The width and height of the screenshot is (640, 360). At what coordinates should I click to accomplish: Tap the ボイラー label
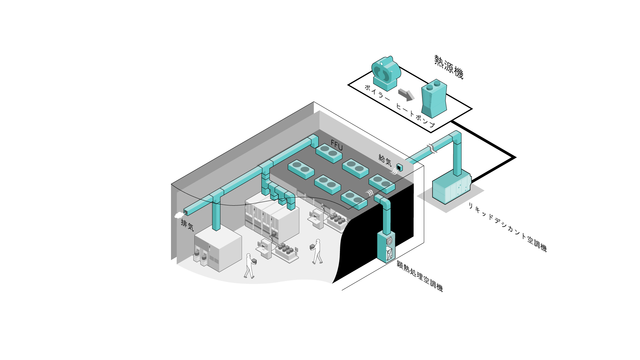tap(377, 93)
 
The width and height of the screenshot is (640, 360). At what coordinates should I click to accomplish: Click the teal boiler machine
tap(386, 73)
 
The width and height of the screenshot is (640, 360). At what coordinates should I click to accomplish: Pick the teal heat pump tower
tap(434, 98)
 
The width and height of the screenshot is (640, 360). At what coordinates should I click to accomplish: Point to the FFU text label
tap(337, 145)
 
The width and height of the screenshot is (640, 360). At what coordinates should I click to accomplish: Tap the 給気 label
tap(385, 160)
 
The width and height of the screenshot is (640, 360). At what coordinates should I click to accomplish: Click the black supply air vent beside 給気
tap(399, 167)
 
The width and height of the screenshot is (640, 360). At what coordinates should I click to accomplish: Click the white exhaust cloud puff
tap(179, 215)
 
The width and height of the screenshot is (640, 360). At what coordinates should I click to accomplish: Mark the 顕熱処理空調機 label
tap(420, 276)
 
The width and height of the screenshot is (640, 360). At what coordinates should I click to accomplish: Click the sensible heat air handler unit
tap(386, 247)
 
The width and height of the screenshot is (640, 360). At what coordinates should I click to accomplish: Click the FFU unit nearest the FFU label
tap(329, 153)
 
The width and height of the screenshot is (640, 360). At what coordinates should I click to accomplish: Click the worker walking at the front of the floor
tap(249, 266)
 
